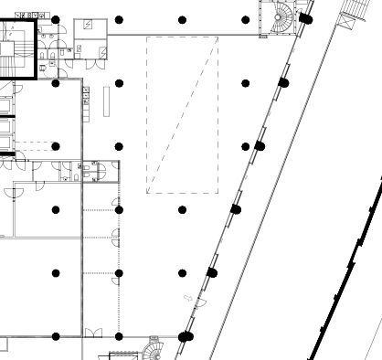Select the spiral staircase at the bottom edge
click(x=154, y=350)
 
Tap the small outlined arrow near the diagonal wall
click(x=188, y=298)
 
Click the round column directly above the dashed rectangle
click(x=182, y=19)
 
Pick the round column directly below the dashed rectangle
click(x=182, y=210)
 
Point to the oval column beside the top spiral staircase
click(x=302, y=19)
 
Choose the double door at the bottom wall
click(x=92, y=333)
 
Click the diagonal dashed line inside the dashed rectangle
click(x=182, y=115)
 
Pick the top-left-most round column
click(x=56, y=19)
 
